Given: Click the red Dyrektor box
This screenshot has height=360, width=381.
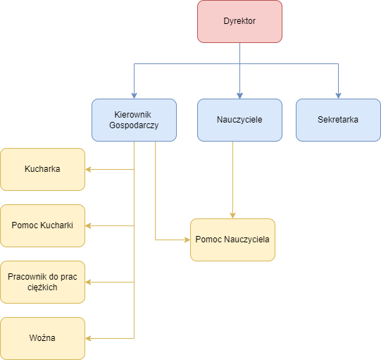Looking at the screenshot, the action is coord(239,21).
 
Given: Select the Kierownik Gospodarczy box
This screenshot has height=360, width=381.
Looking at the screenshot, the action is coord(134,120).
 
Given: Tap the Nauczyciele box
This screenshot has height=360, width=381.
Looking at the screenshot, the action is coord(239,120).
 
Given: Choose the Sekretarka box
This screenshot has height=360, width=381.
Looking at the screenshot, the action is coord(338,120).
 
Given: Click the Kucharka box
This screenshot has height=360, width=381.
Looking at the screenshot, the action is coord(42,169).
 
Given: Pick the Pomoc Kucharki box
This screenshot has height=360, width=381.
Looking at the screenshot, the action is coord(42,225).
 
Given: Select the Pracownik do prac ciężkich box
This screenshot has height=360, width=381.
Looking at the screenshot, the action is coord(42,282).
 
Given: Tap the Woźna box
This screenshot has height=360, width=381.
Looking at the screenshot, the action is coord(42,338).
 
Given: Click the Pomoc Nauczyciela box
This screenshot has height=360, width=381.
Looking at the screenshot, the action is coord(232,240).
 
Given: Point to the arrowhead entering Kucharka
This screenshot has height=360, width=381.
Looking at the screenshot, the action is coord(88,169).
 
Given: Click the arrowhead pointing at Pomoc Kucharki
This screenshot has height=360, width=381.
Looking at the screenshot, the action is coord(88,225).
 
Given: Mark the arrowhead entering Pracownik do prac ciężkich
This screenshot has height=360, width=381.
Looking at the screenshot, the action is coord(88,282).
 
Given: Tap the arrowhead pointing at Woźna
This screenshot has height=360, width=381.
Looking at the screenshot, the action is coord(88,338).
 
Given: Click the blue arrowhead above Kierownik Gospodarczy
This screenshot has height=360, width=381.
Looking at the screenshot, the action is coord(134,96).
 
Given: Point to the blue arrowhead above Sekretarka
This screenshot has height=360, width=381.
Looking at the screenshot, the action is coord(338,96).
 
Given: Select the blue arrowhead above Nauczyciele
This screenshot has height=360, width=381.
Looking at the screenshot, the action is coord(239,96).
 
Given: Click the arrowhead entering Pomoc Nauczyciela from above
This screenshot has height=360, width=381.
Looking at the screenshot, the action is coord(232,216).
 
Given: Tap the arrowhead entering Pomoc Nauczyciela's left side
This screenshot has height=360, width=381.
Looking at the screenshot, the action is coord(187,240).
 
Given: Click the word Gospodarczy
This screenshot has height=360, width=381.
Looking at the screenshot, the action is coord(134,125).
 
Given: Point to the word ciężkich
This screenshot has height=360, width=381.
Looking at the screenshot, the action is coord(42,287).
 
